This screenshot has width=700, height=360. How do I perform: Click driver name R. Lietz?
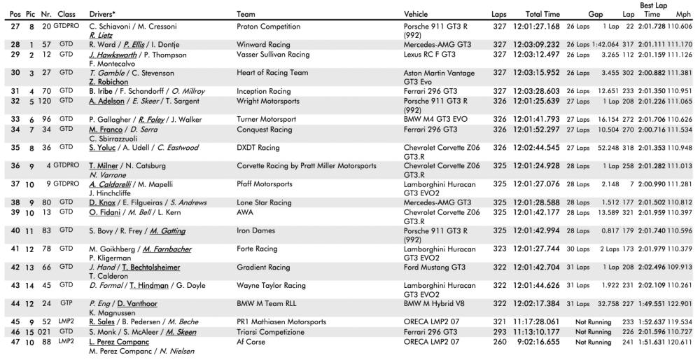pos(101,34)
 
